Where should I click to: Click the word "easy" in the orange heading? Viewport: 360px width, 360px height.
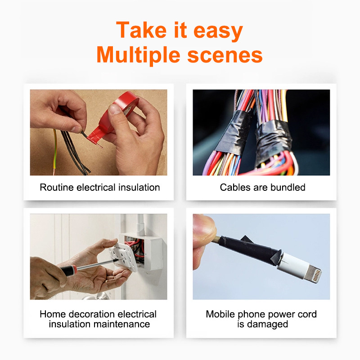pyautogui.click(x=218, y=31)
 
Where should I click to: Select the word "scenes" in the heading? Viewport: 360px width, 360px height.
pyautogui.click(x=225, y=55)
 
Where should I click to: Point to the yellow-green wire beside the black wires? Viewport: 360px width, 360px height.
pyautogui.click(x=54, y=152)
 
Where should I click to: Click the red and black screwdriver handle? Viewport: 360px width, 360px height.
pyautogui.click(x=68, y=270)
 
